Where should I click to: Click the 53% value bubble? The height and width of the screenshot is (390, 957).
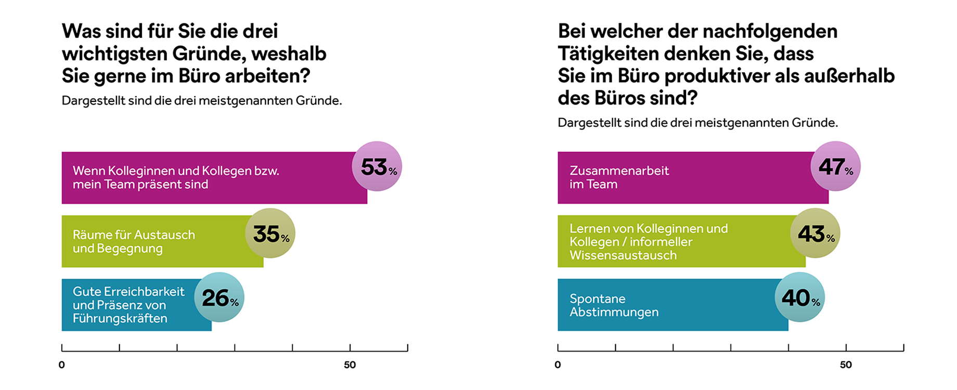377,166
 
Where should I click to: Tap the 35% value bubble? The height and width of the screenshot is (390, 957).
270,233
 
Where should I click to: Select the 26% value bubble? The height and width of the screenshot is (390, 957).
219,297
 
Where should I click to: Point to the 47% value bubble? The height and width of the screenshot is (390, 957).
835,166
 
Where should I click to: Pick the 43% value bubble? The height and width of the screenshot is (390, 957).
815,233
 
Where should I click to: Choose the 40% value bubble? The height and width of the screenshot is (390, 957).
800,297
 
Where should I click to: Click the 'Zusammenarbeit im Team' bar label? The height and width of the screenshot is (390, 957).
619,177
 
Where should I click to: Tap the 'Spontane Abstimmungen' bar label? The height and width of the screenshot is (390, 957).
614,305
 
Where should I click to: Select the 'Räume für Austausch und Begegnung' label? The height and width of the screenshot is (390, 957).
134,241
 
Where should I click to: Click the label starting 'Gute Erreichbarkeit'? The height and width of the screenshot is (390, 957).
128,305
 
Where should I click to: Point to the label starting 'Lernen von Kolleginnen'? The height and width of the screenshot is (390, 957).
649,242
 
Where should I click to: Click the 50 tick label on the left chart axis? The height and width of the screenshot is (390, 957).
350,365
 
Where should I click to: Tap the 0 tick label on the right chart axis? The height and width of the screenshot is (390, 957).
558,365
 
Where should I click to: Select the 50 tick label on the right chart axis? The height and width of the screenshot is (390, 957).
846,365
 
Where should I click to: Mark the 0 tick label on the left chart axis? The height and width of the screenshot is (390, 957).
62,365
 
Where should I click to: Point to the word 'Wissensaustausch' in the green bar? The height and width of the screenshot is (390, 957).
623,255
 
